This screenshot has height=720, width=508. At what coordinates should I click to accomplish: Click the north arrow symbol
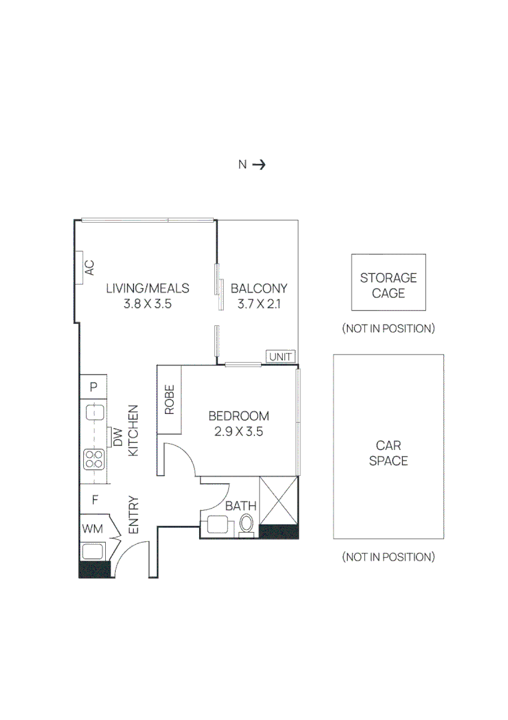(x=258, y=165)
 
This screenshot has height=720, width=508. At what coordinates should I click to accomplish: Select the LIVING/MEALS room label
(x=148, y=289)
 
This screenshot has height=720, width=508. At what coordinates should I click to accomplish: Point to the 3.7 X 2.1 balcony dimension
(x=258, y=304)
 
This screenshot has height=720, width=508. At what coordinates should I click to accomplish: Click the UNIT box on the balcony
(x=280, y=357)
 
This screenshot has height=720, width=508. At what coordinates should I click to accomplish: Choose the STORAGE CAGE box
(x=388, y=282)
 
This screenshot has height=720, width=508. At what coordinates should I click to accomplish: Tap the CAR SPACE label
(x=388, y=453)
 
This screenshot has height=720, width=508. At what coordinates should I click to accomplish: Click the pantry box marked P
(x=93, y=387)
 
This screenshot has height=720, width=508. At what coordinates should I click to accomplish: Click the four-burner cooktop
(x=94, y=459)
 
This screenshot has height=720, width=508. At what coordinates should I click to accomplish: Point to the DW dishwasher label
(x=118, y=437)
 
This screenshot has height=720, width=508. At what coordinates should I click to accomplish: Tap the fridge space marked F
(x=95, y=499)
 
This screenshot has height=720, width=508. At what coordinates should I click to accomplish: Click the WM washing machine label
(x=93, y=529)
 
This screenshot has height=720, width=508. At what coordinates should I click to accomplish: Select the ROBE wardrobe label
(x=170, y=399)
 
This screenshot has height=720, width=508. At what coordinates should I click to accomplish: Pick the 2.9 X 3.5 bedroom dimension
(x=238, y=431)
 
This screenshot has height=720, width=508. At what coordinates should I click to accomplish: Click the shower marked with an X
(x=279, y=501)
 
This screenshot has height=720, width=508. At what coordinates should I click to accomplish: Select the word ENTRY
(x=133, y=515)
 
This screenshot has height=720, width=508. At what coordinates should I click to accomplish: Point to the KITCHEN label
(x=133, y=430)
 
